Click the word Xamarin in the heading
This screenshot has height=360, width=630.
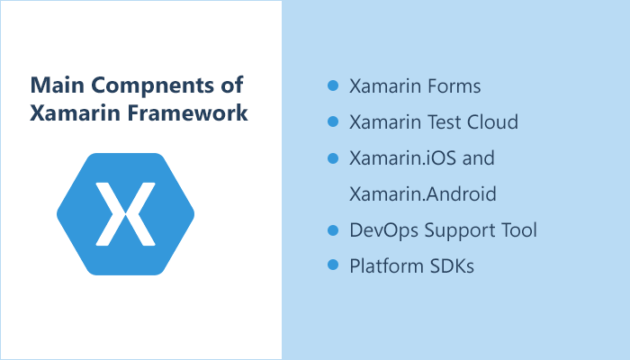click(67, 114)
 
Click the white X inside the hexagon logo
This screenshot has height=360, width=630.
click(126, 213)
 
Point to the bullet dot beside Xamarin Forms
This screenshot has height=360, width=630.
click(332, 85)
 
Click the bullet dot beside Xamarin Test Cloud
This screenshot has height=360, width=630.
click(332, 121)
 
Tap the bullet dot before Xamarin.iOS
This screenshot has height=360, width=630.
click(332, 157)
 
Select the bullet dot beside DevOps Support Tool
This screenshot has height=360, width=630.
click(332, 229)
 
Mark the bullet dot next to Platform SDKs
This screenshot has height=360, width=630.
click(332, 265)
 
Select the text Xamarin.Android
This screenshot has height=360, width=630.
click(423, 194)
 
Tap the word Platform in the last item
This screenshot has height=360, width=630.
click(383, 266)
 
